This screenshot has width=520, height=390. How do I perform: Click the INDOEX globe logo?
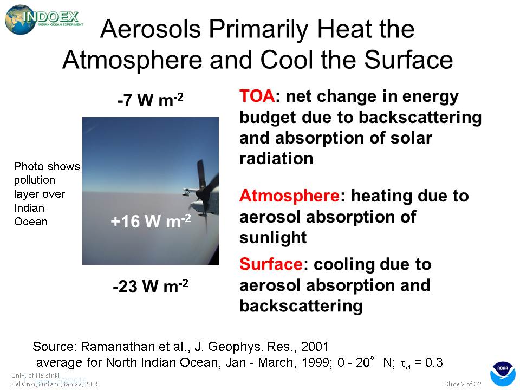44,19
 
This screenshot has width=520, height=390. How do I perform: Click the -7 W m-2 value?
150,100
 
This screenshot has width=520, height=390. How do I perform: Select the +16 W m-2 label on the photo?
151,220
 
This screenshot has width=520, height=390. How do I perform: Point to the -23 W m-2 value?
151,286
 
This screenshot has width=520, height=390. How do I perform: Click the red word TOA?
257,96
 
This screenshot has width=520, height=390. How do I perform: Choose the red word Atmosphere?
289,196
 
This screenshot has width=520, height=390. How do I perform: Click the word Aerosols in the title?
151,29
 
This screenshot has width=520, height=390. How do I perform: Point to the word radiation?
276,158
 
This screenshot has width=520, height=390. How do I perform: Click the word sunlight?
273,237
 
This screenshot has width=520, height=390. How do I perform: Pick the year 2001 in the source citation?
315,347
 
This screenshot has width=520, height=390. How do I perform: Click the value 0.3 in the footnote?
434,362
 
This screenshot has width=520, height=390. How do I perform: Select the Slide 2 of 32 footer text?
463,383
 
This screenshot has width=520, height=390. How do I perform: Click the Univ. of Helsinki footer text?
36,375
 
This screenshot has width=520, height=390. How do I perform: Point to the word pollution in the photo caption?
35,180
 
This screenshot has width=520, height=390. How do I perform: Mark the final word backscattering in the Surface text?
301,305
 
